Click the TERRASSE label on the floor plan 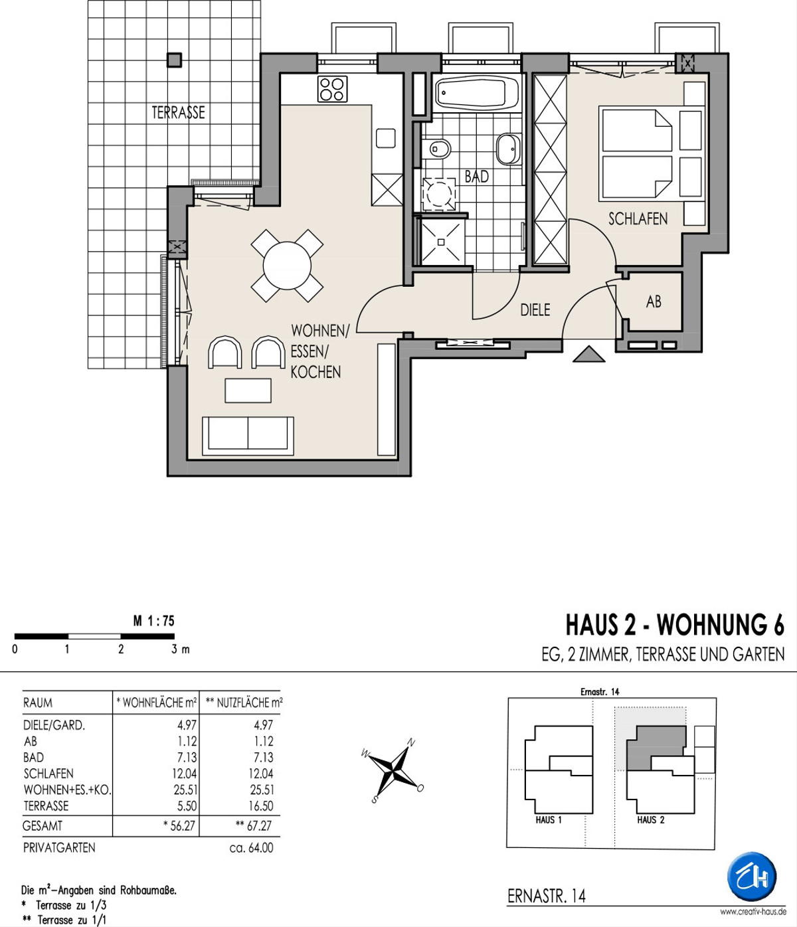[178, 112]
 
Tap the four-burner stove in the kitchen [332, 89]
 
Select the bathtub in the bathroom [478, 93]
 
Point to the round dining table [287, 266]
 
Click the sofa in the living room [248, 433]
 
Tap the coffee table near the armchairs [248, 390]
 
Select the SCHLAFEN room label [638, 219]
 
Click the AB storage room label [654, 302]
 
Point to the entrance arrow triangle [589, 354]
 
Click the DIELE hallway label [535, 310]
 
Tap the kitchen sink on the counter [386, 138]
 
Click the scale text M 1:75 [154, 621]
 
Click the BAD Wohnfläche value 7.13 [187, 757]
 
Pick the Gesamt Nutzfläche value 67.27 [254, 824]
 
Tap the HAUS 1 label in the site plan [549, 820]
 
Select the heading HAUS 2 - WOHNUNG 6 [675, 625]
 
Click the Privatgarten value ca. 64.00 [250, 847]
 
